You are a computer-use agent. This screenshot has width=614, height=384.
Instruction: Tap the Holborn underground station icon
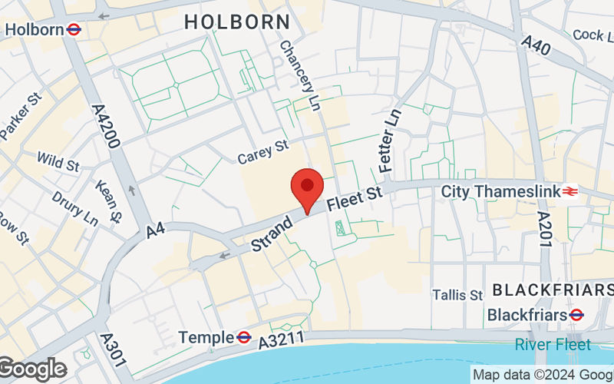74,30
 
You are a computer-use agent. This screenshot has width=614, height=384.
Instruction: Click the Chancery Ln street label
300,75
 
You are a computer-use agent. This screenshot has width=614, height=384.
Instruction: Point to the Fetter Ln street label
389,139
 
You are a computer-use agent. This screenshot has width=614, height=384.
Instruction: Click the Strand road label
272,234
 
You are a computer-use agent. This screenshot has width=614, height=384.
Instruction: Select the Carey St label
262,151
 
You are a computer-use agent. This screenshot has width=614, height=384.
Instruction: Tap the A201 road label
544,229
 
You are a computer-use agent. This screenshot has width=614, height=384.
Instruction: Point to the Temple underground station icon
244,337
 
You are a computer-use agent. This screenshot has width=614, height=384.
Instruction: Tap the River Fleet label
553,345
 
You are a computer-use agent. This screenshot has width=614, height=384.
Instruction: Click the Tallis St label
457,295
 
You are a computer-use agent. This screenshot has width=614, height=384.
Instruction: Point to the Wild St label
58,163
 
